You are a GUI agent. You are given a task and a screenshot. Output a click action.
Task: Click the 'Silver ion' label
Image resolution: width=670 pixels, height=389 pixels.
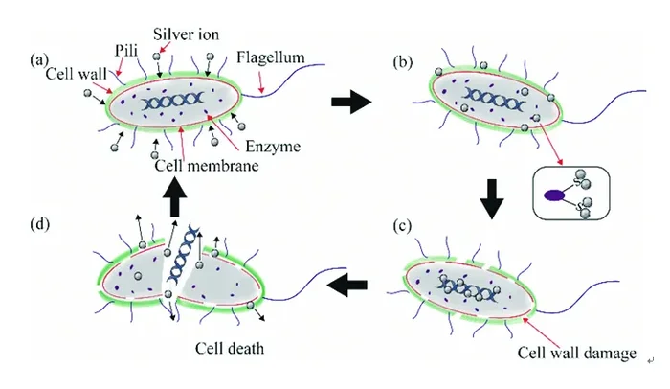pos(186,34)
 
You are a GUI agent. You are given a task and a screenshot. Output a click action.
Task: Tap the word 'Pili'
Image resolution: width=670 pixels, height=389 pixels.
pos(126,51)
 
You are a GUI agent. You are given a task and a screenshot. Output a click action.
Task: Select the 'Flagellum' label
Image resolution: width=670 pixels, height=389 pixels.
pos(271,57)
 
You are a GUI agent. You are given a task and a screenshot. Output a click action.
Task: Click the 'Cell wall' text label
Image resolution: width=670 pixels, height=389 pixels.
pos(76,74)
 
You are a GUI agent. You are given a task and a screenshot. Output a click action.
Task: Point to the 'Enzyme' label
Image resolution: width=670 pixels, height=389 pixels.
pos(273,147)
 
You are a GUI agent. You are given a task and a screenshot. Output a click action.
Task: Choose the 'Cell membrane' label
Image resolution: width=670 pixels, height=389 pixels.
pos(207,165)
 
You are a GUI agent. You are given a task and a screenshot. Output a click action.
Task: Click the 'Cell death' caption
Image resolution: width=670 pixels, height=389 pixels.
pos(230,349)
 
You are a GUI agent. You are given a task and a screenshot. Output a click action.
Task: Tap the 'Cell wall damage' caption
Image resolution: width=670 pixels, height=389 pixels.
pos(577,353)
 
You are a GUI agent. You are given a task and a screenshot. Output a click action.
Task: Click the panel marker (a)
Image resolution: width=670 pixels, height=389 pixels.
pos(39,59)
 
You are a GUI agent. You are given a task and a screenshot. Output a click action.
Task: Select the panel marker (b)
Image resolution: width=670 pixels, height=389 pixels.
pos(403,62)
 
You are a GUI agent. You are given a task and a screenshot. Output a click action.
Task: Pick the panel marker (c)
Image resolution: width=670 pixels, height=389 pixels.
pos(402,226)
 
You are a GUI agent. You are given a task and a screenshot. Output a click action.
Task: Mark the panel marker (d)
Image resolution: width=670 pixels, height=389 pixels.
pos(40,224)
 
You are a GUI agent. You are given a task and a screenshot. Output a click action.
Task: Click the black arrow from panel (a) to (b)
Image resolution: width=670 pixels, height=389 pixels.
pos(351,102)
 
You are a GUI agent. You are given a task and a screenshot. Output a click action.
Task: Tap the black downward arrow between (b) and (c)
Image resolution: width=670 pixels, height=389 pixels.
pos(492,199)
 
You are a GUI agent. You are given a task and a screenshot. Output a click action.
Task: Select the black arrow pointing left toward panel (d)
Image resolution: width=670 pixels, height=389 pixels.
pos(346,285)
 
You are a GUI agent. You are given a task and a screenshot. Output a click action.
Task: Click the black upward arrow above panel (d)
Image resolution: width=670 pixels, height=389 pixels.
pos(175,197)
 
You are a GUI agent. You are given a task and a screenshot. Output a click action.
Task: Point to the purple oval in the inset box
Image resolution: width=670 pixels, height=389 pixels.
pos(554,195)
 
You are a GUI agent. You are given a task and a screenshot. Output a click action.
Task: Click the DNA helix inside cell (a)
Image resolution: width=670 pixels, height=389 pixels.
pos(173,102)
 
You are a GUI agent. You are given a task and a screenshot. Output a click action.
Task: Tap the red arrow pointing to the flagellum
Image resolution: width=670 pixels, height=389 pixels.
pos(259,82)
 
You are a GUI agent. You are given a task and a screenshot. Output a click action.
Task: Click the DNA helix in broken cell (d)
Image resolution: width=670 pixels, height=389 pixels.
pos(183,257)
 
